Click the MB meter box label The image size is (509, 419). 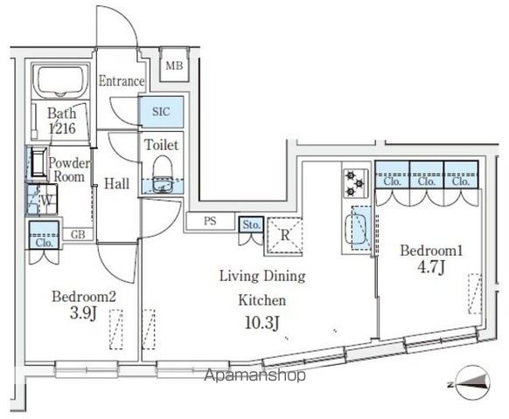pos(174,66)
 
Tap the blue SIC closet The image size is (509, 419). pos(161,112)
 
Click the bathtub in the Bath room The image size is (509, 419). pos(60,81)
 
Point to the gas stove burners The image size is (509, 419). pos(355,183)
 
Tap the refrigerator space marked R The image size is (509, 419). pos(285,236)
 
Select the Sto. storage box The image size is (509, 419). pos(251,224)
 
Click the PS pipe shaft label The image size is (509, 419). pos(210,221)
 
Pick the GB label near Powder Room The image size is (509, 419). pos(78,234)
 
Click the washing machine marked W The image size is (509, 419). pos(42,200)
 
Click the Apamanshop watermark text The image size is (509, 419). pos(254,375)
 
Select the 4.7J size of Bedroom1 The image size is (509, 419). pos(431,267)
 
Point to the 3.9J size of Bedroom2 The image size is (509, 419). pos(83,313)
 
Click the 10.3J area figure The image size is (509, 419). pos(262,322)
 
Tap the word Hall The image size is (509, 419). pos(117,183)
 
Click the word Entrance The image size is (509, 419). pos(122,81)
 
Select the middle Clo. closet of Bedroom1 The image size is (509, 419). pos(427,175)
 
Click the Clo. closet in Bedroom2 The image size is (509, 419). pos(44,235)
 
